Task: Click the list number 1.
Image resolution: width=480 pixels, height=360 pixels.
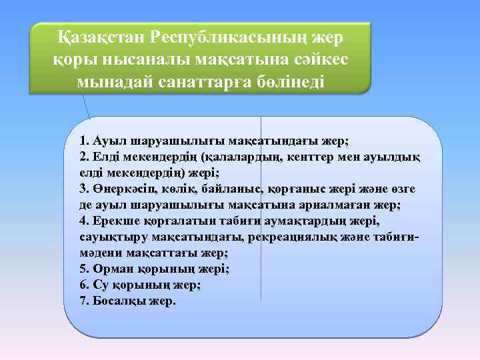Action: (83, 141)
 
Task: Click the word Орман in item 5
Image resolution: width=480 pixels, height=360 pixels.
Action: (112, 269)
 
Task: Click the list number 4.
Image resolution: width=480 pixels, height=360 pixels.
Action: (83, 221)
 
